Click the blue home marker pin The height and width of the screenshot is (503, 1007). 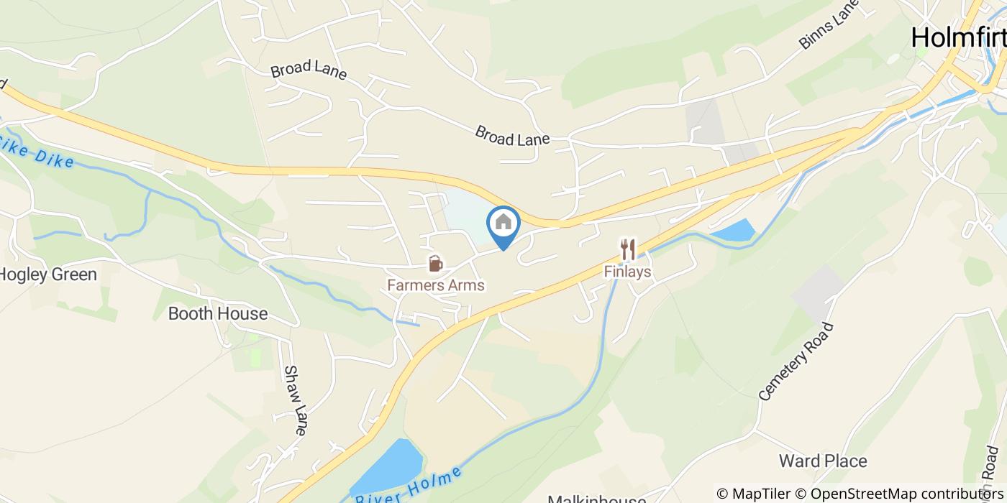pos(503,224)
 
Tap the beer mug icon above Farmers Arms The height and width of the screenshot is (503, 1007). pos(435,264)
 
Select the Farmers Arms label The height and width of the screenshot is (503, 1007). pos(436,285)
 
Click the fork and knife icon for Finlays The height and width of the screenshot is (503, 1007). pos(628,249)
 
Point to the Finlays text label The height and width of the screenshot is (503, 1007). pos(628,272)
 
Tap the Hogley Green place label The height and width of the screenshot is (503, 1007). pos(47,274)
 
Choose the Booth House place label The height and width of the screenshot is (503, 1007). pos(217,313)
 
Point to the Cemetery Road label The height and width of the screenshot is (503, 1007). pos(796,361)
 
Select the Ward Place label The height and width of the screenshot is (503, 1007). pos(823,461)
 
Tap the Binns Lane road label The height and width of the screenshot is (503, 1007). pos(829,25)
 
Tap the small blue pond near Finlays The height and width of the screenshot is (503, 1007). pos(733,231)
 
